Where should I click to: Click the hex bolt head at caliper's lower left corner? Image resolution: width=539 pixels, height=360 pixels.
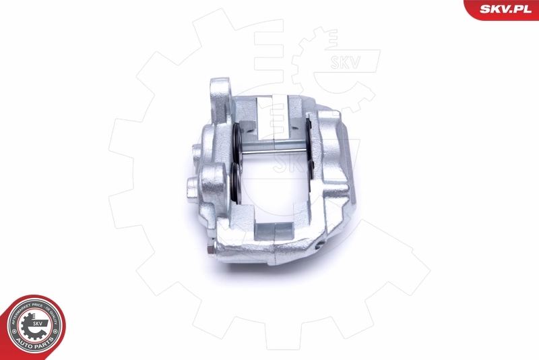click(x=211, y=251)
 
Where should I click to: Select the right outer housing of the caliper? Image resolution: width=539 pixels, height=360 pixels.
click(x=334, y=175)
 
